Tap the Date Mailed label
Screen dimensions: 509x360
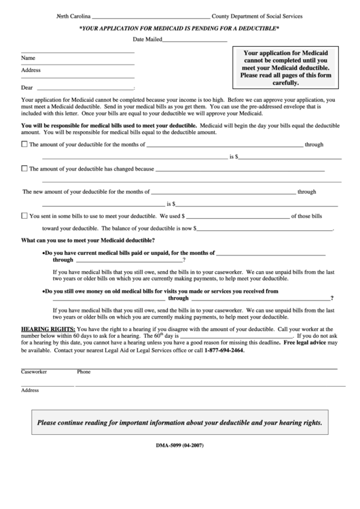(147, 40)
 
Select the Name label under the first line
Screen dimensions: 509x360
(28, 58)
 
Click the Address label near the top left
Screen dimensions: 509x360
(31, 71)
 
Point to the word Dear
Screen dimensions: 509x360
(27, 88)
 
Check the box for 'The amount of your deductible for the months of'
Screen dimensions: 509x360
(25, 144)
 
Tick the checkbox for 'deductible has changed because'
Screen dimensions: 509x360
(25, 168)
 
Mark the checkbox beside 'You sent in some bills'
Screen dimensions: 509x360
(25, 216)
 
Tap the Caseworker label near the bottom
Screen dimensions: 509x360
(33, 372)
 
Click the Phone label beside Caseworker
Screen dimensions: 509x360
(84, 372)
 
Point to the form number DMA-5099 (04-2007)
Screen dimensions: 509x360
(179, 445)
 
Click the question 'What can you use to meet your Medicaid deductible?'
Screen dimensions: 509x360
(88, 241)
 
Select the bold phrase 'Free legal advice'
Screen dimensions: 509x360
(305, 343)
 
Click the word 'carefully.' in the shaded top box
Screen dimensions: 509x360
(285, 83)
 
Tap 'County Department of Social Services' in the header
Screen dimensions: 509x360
(257, 16)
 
